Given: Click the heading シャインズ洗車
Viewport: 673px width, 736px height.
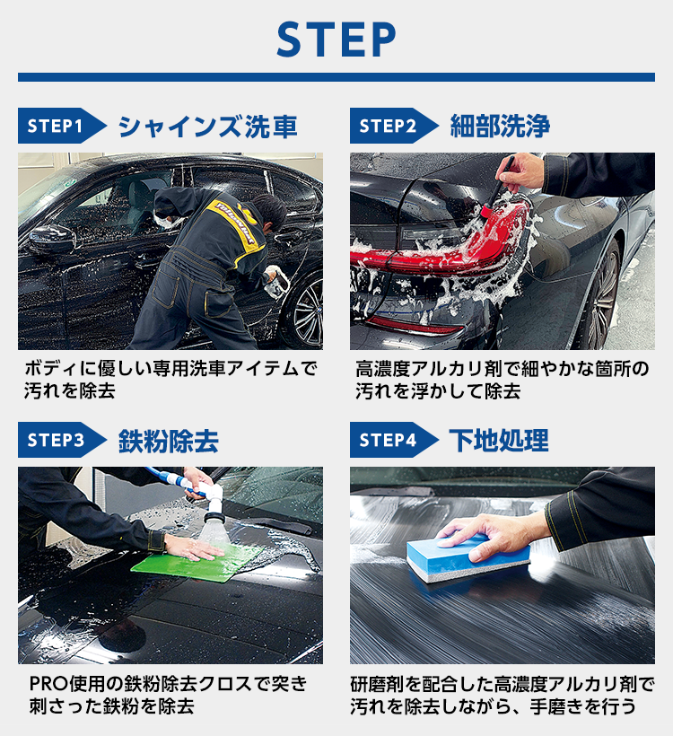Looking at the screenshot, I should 207,127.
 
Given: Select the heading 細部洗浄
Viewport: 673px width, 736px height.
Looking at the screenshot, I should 500,127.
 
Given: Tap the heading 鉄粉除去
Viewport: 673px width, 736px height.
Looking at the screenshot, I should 169,441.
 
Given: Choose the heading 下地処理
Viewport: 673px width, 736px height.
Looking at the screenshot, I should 499,441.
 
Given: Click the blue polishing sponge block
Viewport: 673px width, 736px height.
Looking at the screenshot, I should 467,557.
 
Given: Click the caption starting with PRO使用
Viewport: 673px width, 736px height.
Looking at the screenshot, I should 168,695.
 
